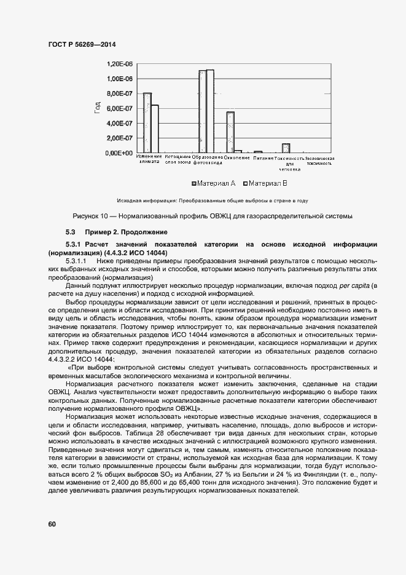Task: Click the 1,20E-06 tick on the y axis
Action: click(x=120, y=64)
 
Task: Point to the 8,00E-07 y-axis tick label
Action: click(x=120, y=93)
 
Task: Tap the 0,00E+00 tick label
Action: click(x=120, y=153)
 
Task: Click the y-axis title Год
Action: click(x=97, y=108)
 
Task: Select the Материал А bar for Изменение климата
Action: click(x=147, y=122)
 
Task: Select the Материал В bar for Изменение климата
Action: click(x=155, y=129)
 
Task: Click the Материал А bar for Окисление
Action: click(x=230, y=132)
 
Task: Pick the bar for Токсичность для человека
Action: click(x=286, y=148)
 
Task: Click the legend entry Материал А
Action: click(x=214, y=183)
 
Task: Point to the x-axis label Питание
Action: click(x=260, y=158)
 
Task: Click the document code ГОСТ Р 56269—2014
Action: click(x=82, y=44)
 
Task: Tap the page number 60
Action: click(x=52, y=524)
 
